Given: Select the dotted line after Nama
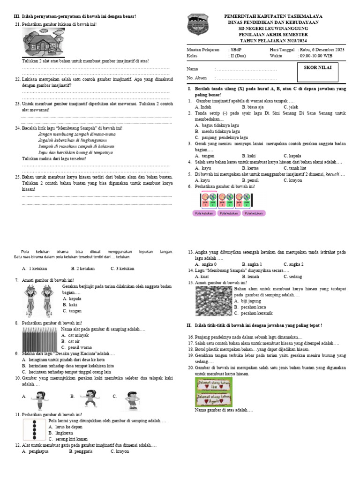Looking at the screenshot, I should pyautogui.click(x=246, y=69).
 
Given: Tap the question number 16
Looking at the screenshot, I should pyautogui.click(x=190, y=337).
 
